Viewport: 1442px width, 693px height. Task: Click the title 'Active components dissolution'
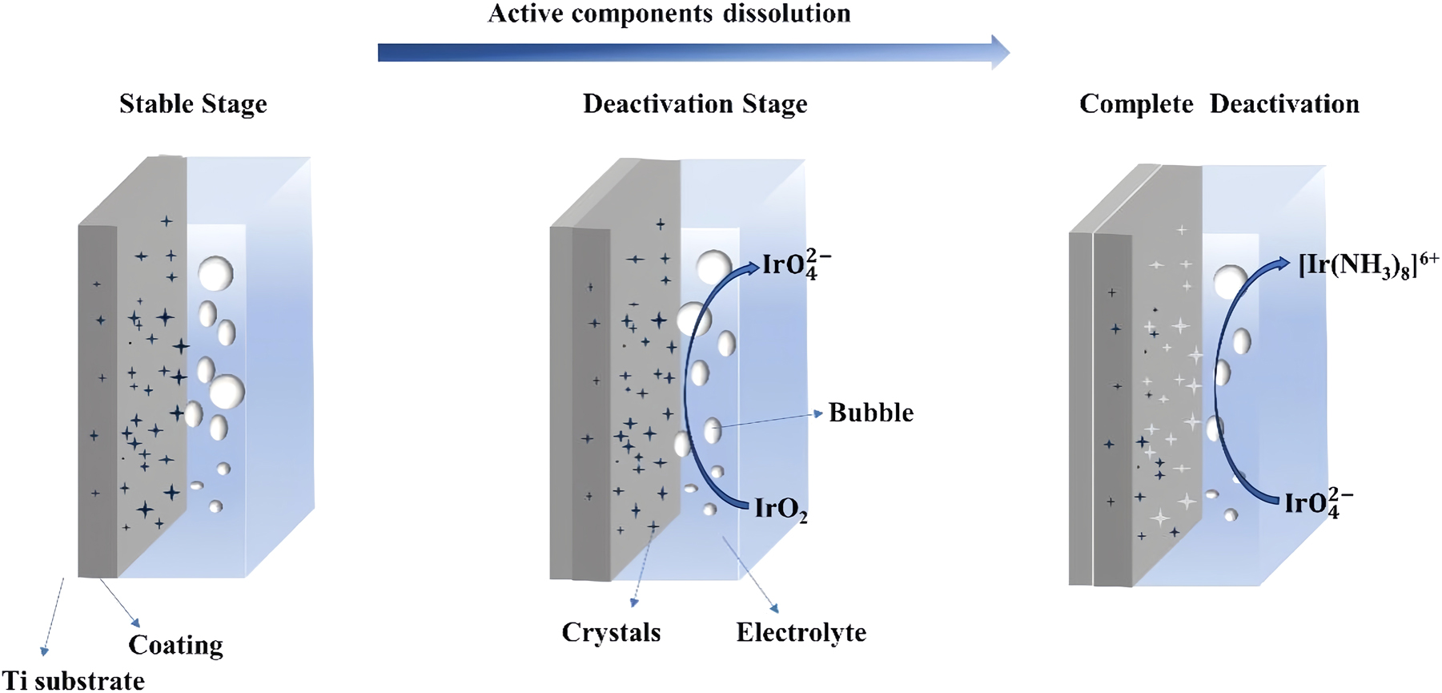click(x=669, y=14)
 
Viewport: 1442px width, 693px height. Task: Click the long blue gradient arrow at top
click(x=693, y=53)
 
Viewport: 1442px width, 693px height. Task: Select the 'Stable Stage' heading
click(x=193, y=104)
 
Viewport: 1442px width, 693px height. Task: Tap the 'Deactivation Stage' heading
click(x=694, y=104)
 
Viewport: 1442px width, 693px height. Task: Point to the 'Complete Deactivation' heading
click(x=1219, y=104)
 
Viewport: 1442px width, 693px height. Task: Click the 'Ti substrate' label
click(x=73, y=680)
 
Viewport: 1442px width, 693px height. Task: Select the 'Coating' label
click(x=175, y=645)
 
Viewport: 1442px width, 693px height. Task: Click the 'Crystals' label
click(x=611, y=632)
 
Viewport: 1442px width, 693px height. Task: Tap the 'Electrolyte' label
click(x=801, y=632)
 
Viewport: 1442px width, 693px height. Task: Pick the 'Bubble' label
click(x=870, y=413)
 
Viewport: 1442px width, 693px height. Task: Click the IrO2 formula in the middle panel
click(x=781, y=510)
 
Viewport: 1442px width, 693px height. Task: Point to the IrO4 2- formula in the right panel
click(x=1318, y=502)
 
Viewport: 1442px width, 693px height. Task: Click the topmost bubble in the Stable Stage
click(x=215, y=273)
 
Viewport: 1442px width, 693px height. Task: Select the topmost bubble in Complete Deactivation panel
click(x=1229, y=282)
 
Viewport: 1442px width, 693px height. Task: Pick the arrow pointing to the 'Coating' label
click(x=120, y=602)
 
